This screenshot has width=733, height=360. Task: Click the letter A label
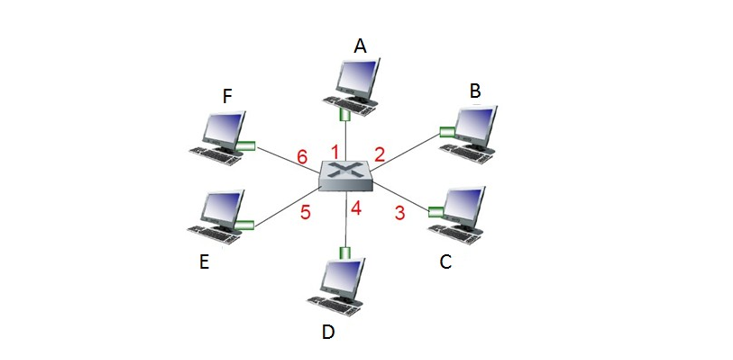[361, 45]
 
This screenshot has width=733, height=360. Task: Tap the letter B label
[475, 91]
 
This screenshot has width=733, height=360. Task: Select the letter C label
[446, 263]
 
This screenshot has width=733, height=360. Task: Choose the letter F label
[228, 97]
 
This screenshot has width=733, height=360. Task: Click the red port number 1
[336, 150]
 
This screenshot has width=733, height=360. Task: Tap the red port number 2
[380, 154]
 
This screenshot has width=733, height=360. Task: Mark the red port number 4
[355, 211]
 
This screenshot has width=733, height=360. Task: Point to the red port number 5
[306, 212]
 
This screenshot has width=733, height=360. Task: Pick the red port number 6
[301, 158]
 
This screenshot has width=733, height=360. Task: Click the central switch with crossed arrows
[346, 176]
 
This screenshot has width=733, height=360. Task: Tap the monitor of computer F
[225, 129]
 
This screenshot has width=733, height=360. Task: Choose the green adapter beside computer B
[447, 130]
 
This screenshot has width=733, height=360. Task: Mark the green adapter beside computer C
[435, 211]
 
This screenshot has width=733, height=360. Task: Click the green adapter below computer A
[346, 115]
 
